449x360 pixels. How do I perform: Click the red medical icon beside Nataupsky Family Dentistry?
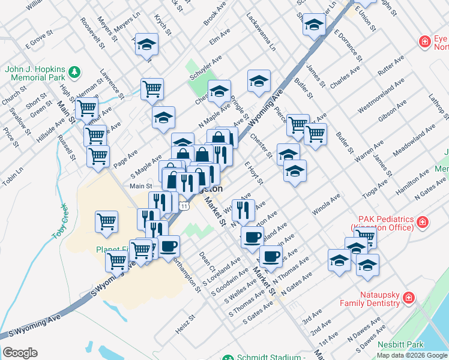(x=408, y=298)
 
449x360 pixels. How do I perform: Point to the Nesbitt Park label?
(x=400, y=344)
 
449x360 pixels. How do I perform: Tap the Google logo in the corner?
(x=20, y=353)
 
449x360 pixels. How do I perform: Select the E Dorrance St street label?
(x=348, y=45)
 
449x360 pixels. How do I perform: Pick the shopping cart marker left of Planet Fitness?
(x=107, y=221)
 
